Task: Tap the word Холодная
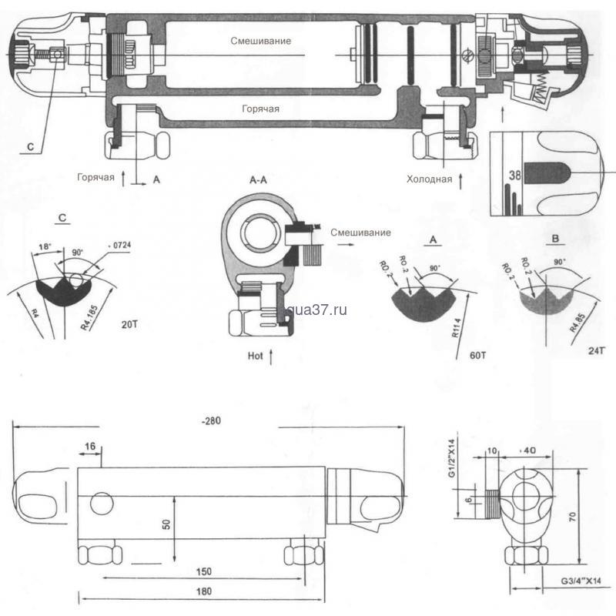click(x=429, y=179)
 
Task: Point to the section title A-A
click(x=259, y=179)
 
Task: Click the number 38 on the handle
click(x=515, y=175)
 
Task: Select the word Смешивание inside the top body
click(x=260, y=40)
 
